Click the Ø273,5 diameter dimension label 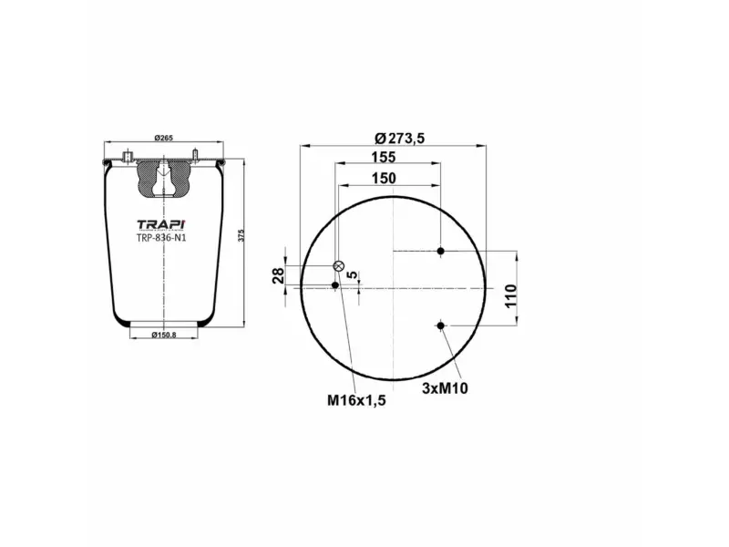[x=400, y=138]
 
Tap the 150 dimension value [x=384, y=178]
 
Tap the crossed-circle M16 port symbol [x=339, y=266]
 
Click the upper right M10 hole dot [x=441, y=251]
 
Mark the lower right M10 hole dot [x=441, y=325]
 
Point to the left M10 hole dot [x=335, y=286]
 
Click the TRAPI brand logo [x=159, y=225]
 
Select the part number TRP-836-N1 [x=161, y=240]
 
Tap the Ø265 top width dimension [x=163, y=138]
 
